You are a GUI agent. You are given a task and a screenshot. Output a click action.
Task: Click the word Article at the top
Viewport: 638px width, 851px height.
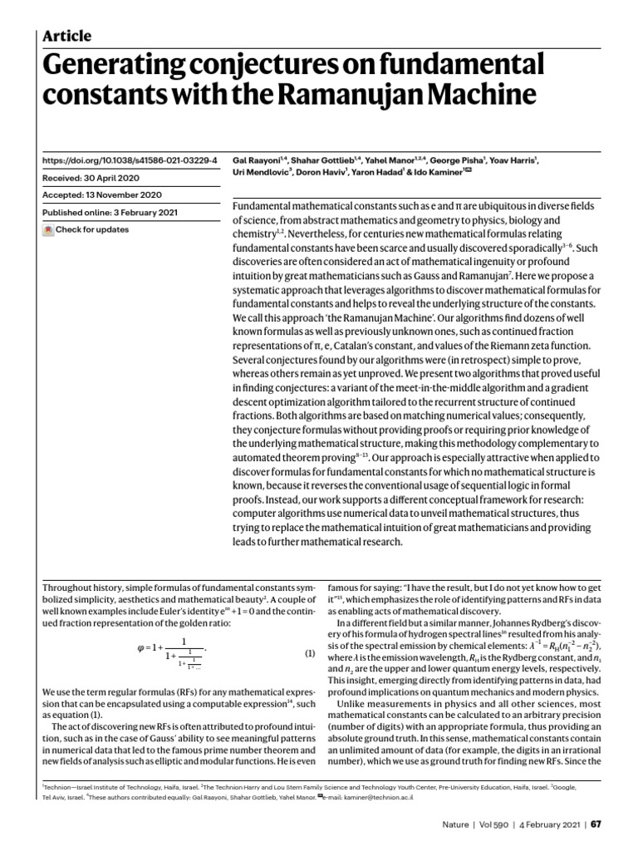coord(66,35)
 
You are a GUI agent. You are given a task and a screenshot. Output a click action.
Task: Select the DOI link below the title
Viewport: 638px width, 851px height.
coord(129,159)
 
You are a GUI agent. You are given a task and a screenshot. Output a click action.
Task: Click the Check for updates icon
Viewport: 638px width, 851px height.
coord(47,229)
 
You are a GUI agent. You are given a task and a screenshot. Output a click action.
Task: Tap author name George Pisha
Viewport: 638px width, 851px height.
coord(475,160)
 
